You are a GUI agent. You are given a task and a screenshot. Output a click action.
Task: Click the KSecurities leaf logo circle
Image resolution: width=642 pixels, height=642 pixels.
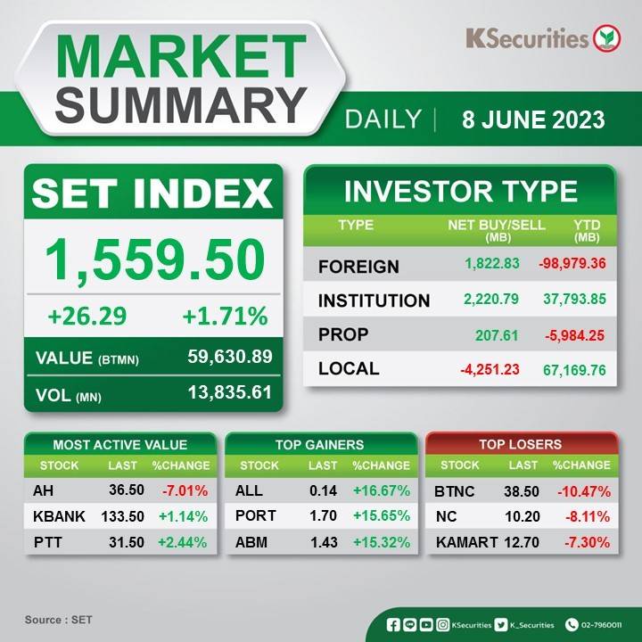607,38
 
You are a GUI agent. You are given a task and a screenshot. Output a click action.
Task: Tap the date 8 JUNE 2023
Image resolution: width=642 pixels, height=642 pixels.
533,119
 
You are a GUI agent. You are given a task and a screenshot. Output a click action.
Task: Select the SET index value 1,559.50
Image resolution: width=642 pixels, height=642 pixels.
155,259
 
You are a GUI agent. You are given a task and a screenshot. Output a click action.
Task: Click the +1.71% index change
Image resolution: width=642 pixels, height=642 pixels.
225,316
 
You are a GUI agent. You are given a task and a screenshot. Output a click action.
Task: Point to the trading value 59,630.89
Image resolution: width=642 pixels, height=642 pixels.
230,356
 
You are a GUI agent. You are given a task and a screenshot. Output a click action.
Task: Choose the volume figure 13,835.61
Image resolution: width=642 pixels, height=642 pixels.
230,392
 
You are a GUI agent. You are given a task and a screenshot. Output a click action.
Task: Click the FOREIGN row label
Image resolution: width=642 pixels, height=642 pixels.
358,267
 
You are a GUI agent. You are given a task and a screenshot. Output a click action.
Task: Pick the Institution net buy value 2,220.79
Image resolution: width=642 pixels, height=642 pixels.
491,299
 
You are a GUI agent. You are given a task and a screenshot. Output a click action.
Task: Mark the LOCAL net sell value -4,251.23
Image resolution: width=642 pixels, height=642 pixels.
490,369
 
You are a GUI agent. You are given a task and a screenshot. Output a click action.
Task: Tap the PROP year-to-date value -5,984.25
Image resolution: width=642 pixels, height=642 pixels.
574,335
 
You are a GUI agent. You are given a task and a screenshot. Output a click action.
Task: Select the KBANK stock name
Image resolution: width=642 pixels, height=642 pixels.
59,516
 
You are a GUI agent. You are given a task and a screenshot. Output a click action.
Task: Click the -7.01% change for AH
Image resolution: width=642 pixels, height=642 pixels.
185,490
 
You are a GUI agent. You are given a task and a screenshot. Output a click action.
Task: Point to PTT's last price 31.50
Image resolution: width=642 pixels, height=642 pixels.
126,542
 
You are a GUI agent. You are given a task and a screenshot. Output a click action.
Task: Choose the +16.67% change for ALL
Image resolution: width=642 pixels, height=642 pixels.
382,490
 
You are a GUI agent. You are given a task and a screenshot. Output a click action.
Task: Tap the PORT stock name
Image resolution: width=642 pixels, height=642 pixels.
256,515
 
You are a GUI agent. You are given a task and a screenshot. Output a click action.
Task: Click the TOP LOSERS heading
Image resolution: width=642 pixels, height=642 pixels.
520,444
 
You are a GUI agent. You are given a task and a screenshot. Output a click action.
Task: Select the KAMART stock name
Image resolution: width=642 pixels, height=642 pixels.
466,542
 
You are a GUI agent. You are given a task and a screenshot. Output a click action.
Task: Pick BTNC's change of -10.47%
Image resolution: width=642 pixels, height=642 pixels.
584,491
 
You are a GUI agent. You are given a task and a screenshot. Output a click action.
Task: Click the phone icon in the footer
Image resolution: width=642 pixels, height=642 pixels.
572,624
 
